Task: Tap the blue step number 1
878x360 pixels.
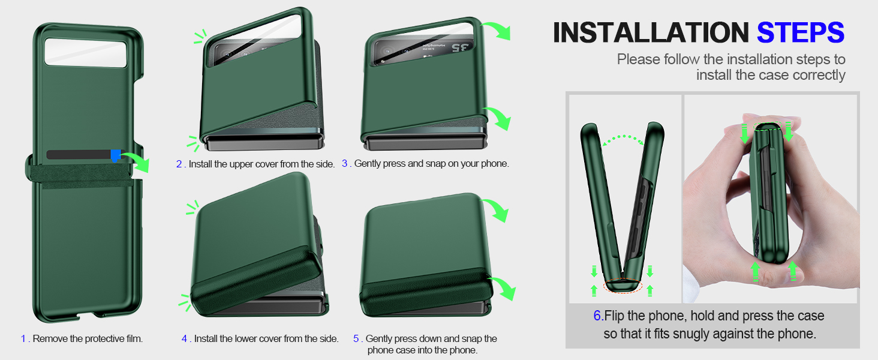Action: [x=23, y=339]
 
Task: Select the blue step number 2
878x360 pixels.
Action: [x=179, y=164]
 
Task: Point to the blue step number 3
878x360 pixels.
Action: [x=345, y=163]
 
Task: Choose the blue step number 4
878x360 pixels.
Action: [x=185, y=339]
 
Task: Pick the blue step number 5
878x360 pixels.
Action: [x=356, y=339]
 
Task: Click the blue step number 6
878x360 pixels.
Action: [x=597, y=316]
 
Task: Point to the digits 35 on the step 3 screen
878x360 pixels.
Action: [x=461, y=47]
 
